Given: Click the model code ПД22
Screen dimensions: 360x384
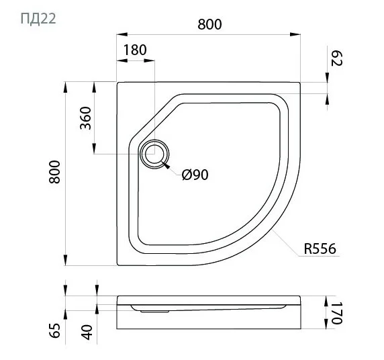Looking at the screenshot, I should [33, 17].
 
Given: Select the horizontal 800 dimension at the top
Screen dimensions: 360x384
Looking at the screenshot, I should [210, 24].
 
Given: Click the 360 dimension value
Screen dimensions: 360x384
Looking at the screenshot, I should [86, 119].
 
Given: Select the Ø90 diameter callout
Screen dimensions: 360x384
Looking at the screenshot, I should [195, 175].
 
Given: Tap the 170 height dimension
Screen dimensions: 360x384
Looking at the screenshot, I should [337, 312].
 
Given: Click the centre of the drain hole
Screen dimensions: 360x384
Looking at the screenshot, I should [154, 154].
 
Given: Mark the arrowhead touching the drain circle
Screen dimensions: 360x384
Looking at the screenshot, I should [166, 165].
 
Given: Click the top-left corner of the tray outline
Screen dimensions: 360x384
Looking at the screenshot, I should [118, 83].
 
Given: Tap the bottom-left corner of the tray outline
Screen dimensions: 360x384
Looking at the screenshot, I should [118, 265].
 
